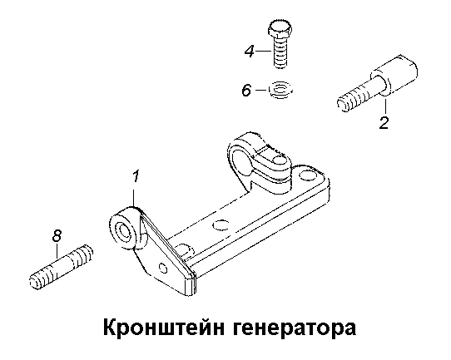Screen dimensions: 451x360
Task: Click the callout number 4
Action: [x=250, y=52]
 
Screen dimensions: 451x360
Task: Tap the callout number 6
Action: [x=246, y=91]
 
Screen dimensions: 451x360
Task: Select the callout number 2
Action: [x=384, y=123]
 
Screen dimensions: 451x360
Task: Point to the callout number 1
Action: [x=136, y=176]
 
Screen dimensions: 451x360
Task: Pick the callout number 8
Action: [x=57, y=236]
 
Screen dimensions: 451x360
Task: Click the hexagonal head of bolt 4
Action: [x=280, y=29]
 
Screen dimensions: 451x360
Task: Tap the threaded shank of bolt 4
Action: [x=280, y=53]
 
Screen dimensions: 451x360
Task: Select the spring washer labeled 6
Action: [x=280, y=91]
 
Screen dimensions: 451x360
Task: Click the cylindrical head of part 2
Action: [x=394, y=75]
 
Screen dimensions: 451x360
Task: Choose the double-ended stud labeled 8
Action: [x=62, y=267]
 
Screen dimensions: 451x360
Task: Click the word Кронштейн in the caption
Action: [x=163, y=328]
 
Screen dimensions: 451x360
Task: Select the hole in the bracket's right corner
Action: [x=307, y=175]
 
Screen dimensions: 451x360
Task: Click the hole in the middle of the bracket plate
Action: [x=221, y=225]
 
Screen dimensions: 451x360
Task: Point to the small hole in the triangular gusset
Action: [x=163, y=268]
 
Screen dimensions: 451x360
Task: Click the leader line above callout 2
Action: [x=385, y=106]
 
